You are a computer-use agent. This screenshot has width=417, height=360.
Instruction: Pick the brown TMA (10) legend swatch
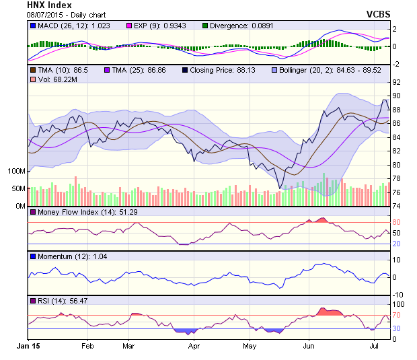tap(33, 69)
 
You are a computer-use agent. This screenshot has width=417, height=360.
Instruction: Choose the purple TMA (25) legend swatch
tap(107, 69)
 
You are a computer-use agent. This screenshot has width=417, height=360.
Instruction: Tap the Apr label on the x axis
tap(194, 345)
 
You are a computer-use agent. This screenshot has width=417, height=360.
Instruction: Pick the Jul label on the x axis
tap(375, 345)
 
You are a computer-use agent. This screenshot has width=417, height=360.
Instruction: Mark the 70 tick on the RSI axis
tap(397, 315)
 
